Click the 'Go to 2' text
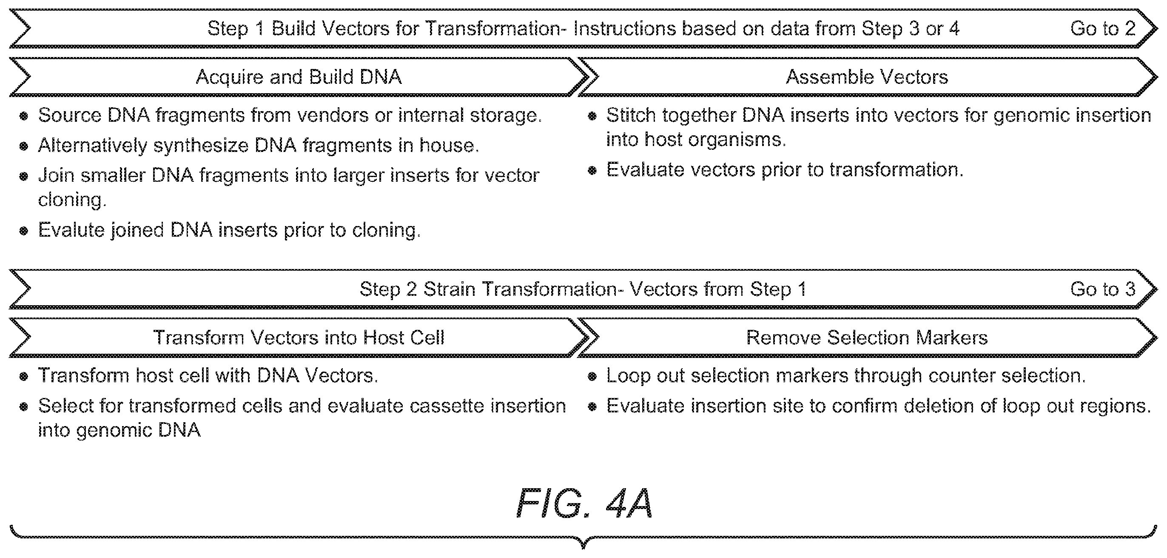pyautogui.click(x=1103, y=29)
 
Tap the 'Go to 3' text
pyautogui.click(x=1103, y=289)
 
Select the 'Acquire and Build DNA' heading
pyautogui.click(x=299, y=77)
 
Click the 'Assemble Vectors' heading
pyautogui.click(x=867, y=77)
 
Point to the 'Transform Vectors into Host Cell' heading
pyautogui.click(x=299, y=338)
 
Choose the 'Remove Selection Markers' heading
pyautogui.click(x=867, y=338)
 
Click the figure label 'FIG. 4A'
pyautogui.click(x=584, y=503)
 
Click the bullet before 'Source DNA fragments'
pyautogui.click(x=24, y=117)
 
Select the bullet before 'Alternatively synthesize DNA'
pyautogui.click(x=24, y=146)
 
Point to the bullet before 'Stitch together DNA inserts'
pyautogui.click(x=592, y=117)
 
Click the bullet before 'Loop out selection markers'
pyautogui.click(x=592, y=377)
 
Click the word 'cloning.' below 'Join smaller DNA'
pyautogui.click(x=72, y=200)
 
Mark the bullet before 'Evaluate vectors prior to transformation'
pyautogui.click(x=592, y=171)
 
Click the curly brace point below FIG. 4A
pyautogui.click(x=583, y=547)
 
